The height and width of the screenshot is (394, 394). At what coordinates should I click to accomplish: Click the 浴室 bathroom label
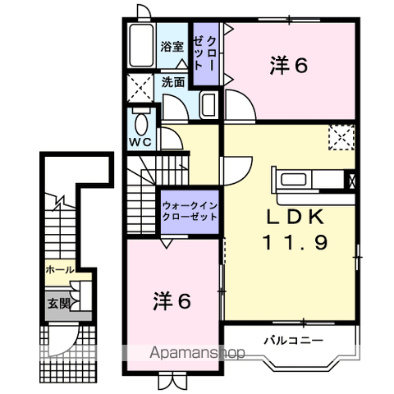click(x=172, y=47)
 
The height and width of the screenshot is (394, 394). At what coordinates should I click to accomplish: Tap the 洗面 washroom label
click(x=172, y=82)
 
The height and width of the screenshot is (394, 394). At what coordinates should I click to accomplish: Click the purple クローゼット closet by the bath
click(x=205, y=56)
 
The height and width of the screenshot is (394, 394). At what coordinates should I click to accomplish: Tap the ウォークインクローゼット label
click(x=190, y=211)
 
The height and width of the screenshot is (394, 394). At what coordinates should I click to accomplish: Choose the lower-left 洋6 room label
click(x=172, y=301)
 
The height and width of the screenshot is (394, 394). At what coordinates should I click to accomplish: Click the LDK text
click(x=287, y=215)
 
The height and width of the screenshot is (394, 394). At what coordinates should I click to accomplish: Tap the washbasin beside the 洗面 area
click(x=208, y=105)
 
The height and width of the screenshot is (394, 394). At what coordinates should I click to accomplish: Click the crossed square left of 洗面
click(x=140, y=85)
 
